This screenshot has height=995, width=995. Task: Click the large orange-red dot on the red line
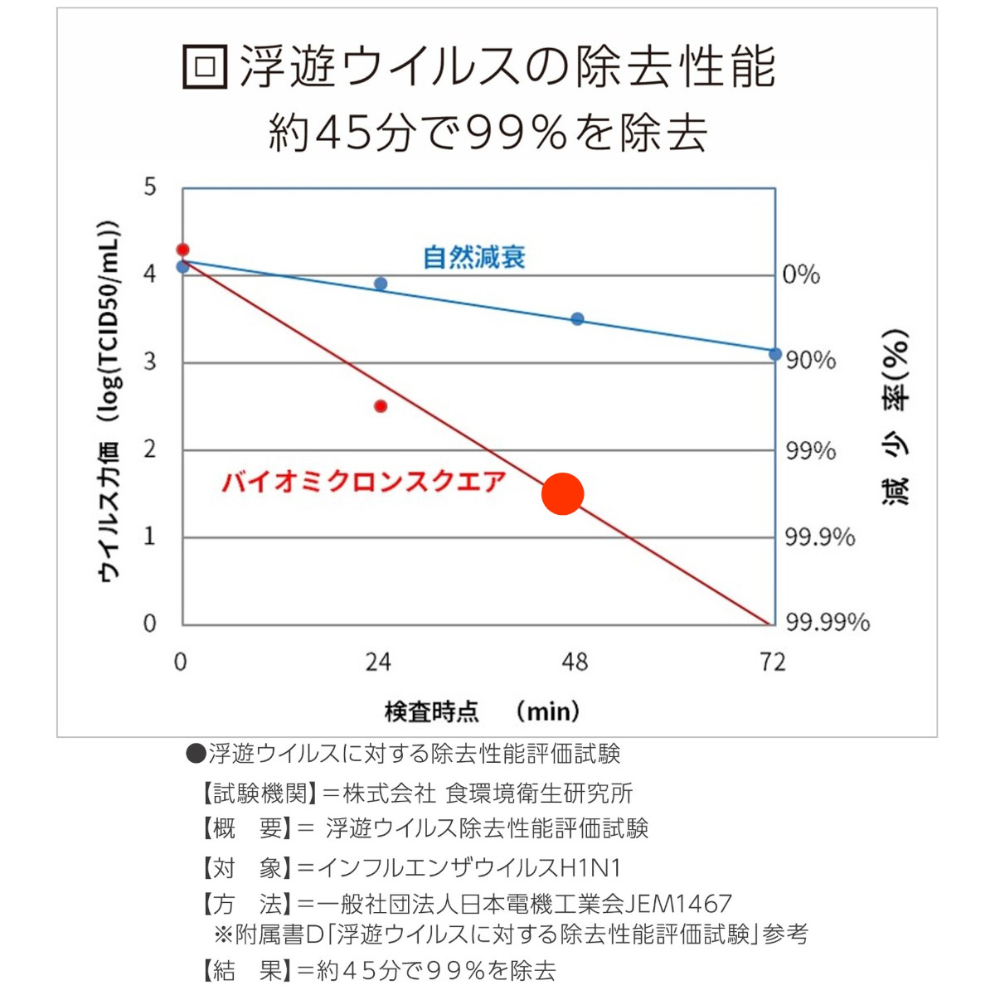pos(562,493)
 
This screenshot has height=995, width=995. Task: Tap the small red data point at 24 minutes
pos(381,406)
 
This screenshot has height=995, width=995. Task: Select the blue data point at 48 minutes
pos(578,319)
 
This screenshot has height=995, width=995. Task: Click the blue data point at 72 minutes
pos(775,354)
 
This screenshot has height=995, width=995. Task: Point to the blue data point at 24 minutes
pos(381,284)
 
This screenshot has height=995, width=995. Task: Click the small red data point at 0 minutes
pos(183,250)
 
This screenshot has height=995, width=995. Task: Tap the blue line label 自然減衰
pos(474,257)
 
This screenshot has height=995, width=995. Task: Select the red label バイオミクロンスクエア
pos(363,482)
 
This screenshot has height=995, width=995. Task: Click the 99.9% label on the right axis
pos(819,537)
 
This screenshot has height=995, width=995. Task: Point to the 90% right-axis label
pos(811,361)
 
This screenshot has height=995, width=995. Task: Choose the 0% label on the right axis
pos(801,274)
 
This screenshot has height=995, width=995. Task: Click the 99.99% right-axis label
pos(828,622)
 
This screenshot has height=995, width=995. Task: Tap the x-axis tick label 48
pos(575,662)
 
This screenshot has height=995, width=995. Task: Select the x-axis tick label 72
pos(772,662)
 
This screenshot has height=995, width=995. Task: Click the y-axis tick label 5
pos(149,187)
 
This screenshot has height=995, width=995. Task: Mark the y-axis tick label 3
pos(149,362)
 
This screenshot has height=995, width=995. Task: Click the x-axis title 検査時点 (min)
pos(482,711)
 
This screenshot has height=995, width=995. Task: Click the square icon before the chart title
pos(205,66)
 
